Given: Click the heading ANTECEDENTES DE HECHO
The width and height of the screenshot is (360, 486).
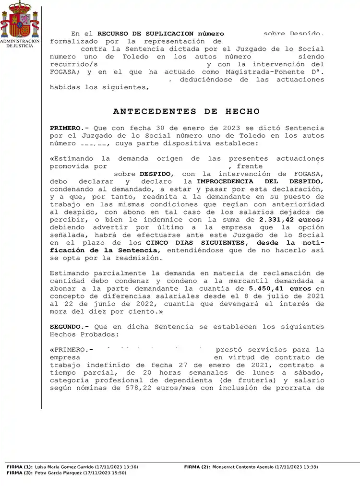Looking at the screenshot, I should (x=186, y=111).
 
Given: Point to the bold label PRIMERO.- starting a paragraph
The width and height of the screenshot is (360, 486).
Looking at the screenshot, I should (x=70, y=128).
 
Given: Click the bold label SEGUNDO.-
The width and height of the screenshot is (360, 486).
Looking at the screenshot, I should (x=70, y=327).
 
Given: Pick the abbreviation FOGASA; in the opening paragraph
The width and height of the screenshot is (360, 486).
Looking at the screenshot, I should (x=66, y=72).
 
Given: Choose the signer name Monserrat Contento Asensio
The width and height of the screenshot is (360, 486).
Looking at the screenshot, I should (x=243, y=467).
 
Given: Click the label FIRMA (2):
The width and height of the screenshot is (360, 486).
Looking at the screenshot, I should (x=197, y=467).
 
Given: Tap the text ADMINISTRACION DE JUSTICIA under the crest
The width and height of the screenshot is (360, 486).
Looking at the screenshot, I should (x=20, y=44).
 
